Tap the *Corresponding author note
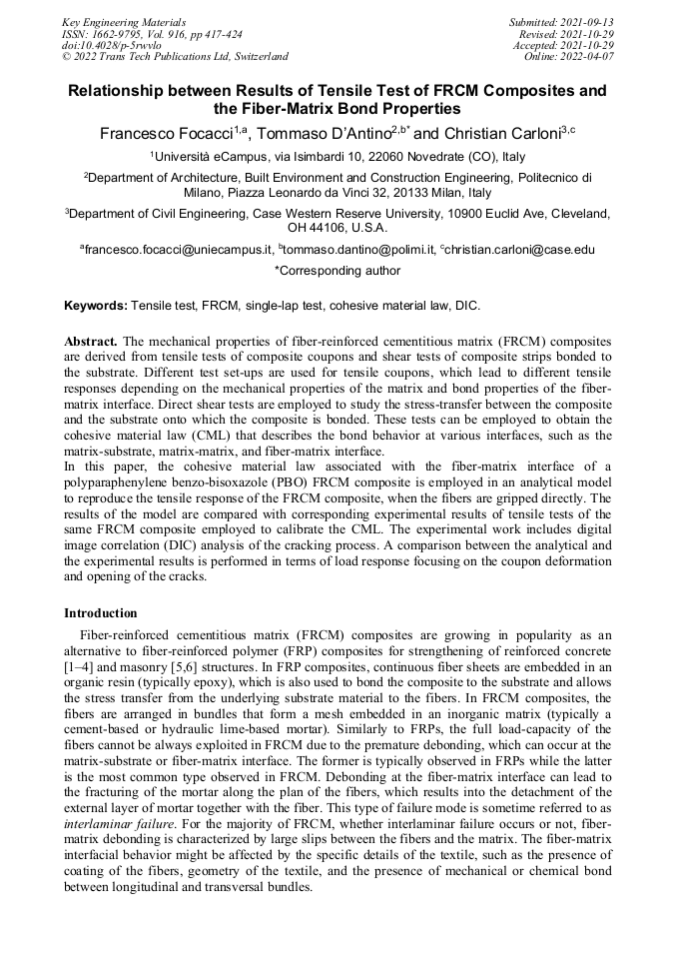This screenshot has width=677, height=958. [x=338, y=270]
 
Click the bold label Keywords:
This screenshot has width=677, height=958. [x=96, y=304]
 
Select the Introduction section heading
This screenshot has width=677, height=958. [x=101, y=612]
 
